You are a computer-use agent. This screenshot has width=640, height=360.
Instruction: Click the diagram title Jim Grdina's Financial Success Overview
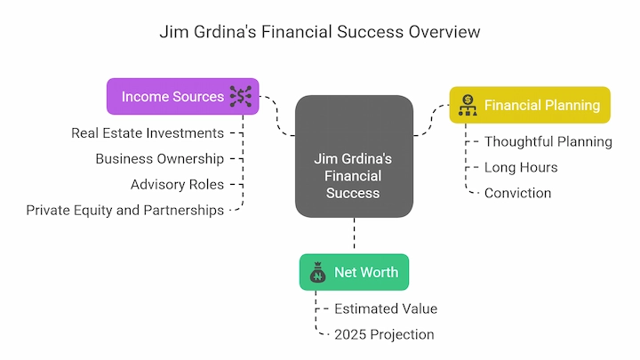(320, 32)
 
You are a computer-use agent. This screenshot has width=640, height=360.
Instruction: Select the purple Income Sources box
(183, 96)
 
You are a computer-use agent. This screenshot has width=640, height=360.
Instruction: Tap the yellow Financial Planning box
(530, 105)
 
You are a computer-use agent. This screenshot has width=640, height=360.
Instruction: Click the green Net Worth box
(354, 272)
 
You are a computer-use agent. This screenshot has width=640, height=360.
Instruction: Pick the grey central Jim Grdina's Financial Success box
(354, 156)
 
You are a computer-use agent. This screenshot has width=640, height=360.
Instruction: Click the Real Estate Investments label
(148, 133)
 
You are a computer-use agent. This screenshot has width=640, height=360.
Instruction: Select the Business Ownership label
(160, 159)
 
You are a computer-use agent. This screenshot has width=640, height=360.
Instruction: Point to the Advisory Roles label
(177, 185)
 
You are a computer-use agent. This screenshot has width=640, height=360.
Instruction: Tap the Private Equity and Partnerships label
(125, 210)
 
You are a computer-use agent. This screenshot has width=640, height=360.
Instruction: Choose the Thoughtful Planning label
(548, 141)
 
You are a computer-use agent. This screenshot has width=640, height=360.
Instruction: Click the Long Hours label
(521, 167)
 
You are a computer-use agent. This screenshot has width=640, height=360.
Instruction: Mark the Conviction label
(517, 193)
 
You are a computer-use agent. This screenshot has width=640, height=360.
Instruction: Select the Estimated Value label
(386, 309)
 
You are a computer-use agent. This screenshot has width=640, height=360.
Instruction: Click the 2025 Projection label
(384, 335)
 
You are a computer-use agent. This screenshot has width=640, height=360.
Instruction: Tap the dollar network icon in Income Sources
(241, 96)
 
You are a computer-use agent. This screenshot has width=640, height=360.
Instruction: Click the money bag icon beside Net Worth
(317, 272)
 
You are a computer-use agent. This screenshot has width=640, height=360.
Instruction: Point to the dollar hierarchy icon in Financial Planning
(468, 105)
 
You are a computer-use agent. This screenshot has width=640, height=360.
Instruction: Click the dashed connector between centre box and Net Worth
(354, 233)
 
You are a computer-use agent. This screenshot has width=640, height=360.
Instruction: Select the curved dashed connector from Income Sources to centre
(277, 116)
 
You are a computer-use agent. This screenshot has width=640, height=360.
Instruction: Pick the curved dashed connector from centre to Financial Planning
(431, 120)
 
